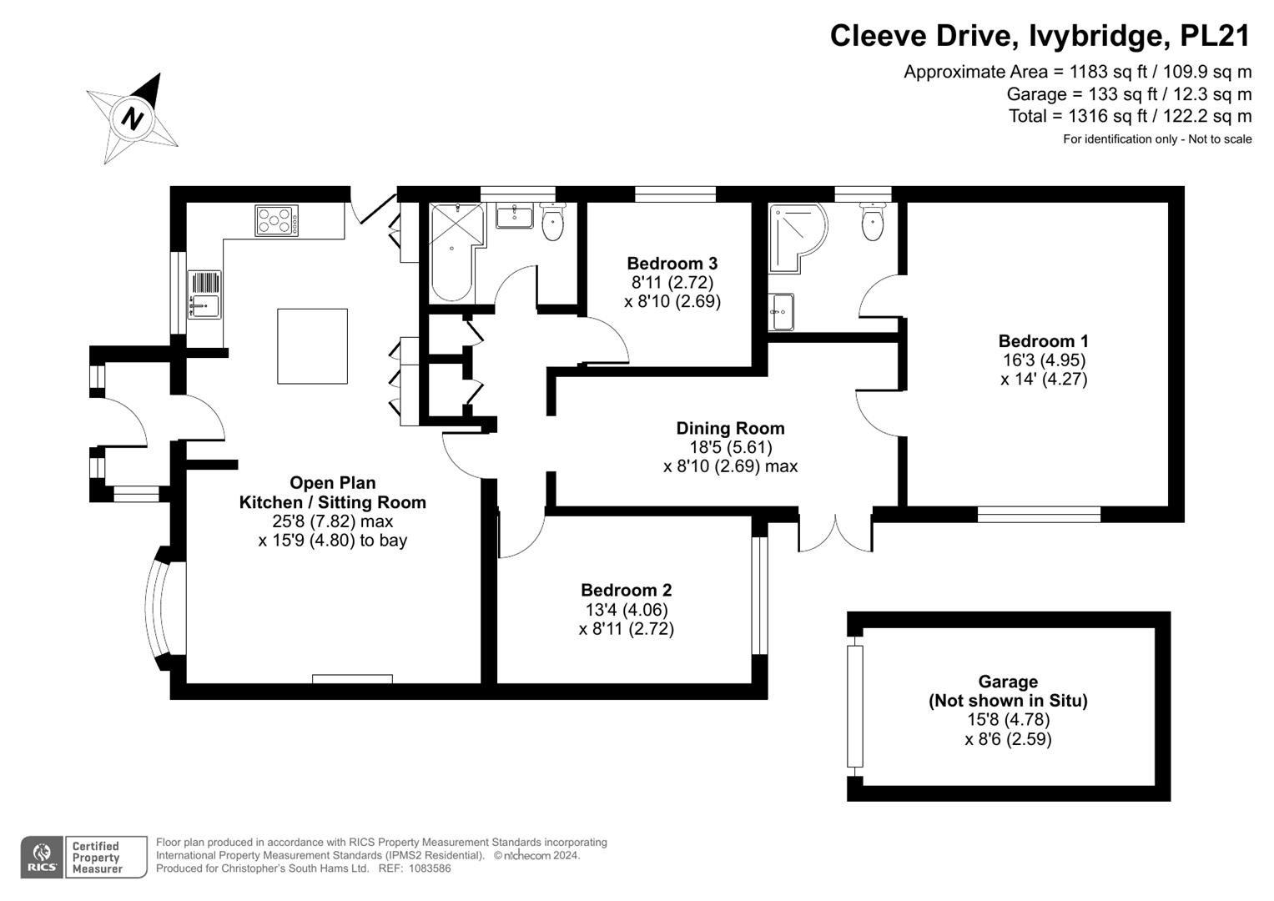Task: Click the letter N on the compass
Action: click(x=133, y=118)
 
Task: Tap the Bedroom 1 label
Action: click(x=1044, y=341)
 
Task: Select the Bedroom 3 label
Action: click(x=672, y=264)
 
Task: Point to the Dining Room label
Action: click(x=730, y=428)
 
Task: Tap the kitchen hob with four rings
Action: click(x=276, y=221)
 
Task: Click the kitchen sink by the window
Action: click(x=204, y=294)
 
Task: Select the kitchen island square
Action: click(x=312, y=346)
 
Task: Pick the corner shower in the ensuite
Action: click(x=795, y=235)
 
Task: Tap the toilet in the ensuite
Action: click(x=873, y=222)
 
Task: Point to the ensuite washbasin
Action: click(x=781, y=312)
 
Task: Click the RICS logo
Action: click(x=42, y=858)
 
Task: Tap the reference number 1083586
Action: click(x=430, y=868)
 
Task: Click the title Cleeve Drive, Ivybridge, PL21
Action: click(x=1040, y=36)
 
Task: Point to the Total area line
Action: click(x=1130, y=116)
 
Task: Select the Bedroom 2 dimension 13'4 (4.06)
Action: click(x=627, y=610)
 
